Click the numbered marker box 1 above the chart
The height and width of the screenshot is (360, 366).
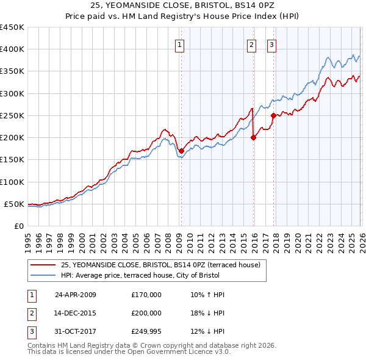181,44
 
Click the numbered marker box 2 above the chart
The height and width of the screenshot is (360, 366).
251,44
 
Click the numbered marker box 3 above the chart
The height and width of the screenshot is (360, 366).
271,44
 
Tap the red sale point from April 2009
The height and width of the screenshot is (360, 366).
181,151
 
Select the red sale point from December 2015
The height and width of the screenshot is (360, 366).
253,137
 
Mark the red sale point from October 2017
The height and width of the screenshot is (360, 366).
273,115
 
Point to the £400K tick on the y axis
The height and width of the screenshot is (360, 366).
12,49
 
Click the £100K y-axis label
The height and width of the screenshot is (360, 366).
12,182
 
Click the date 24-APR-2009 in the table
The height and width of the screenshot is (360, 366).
76,295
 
